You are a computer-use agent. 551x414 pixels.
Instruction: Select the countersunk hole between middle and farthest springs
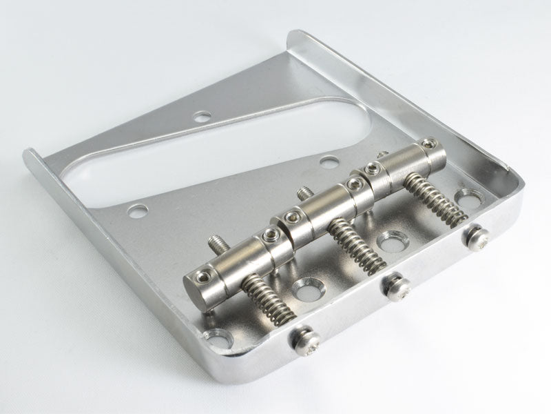tap(393, 242)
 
